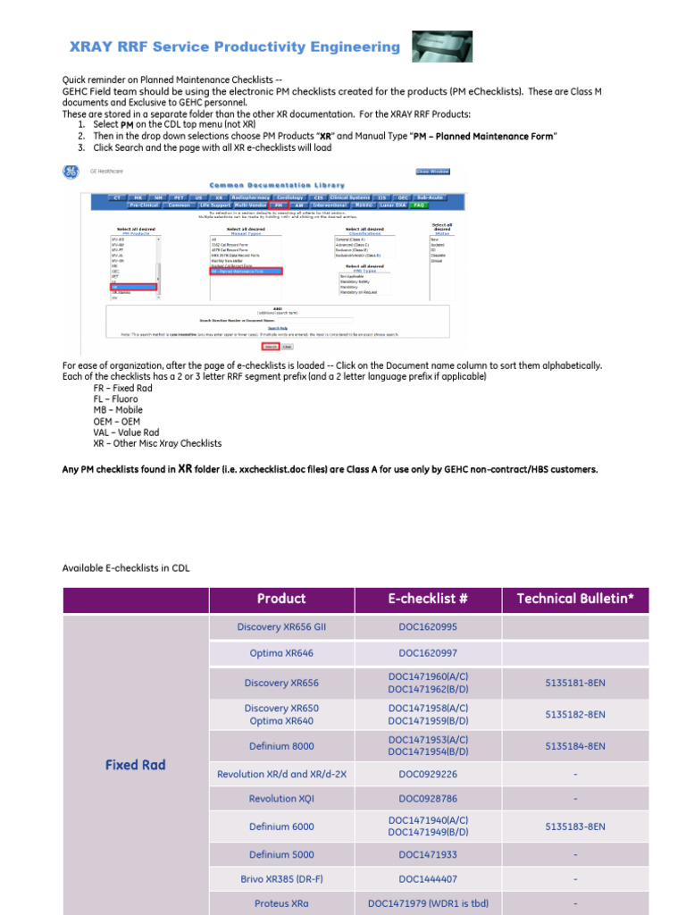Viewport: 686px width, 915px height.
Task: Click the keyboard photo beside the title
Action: coord(442,46)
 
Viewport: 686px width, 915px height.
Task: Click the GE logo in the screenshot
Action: coord(70,171)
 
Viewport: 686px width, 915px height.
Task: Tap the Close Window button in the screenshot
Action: coord(432,172)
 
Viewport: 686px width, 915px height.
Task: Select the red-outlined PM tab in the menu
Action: coord(277,205)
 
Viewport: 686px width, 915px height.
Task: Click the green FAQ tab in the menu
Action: coord(414,205)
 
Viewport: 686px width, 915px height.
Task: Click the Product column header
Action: coord(281,599)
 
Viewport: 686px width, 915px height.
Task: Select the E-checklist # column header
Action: coord(428,599)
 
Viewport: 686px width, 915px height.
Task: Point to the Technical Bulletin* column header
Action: coord(575,599)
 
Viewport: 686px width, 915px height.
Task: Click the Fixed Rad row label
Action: coord(135,765)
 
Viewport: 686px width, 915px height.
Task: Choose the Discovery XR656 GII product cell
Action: coord(281,627)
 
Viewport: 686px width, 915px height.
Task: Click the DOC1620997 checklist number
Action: coord(428,653)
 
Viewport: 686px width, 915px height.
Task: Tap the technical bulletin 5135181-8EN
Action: coord(575,683)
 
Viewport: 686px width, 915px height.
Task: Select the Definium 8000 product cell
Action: coord(281,746)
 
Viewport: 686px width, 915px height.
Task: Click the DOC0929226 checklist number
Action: coord(428,774)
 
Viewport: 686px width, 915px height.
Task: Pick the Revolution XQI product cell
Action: coord(281,799)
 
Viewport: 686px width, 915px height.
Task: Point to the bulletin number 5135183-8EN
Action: coord(575,827)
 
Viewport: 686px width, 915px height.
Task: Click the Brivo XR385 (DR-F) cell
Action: coord(281,879)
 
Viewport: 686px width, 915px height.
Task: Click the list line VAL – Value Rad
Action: coord(126,432)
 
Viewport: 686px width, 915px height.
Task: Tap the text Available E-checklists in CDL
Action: coord(126,567)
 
